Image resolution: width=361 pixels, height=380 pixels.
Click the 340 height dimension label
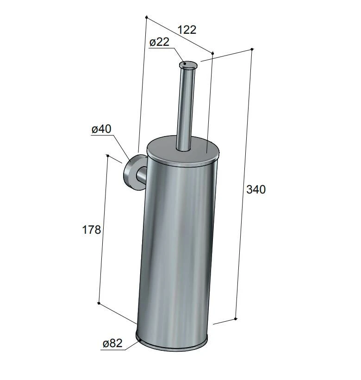click(256, 189)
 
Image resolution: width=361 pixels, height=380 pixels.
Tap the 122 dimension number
click(187, 30)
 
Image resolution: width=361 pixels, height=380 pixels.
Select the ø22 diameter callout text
click(159, 42)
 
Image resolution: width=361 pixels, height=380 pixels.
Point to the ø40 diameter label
click(101, 129)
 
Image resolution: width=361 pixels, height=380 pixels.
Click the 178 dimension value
click(91, 230)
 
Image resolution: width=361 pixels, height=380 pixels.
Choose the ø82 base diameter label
click(112, 343)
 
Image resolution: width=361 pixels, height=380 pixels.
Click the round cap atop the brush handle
click(188, 65)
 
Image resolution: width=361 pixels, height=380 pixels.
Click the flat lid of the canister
click(183, 151)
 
